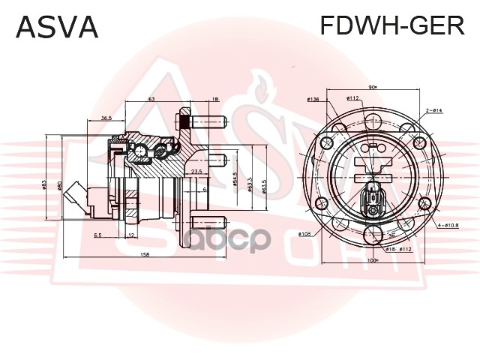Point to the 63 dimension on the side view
click(151, 98)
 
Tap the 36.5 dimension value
click(106, 118)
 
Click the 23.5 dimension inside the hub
click(196, 172)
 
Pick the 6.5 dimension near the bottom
click(98, 235)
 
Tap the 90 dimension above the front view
click(373, 86)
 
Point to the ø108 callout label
click(304, 234)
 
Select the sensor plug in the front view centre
click(374, 199)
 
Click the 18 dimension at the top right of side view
click(215, 99)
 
